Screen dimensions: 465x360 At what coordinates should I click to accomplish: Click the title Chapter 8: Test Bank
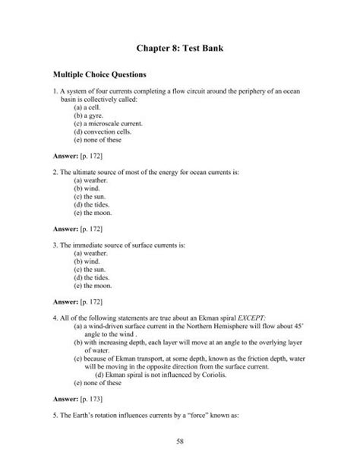(x=179, y=50)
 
